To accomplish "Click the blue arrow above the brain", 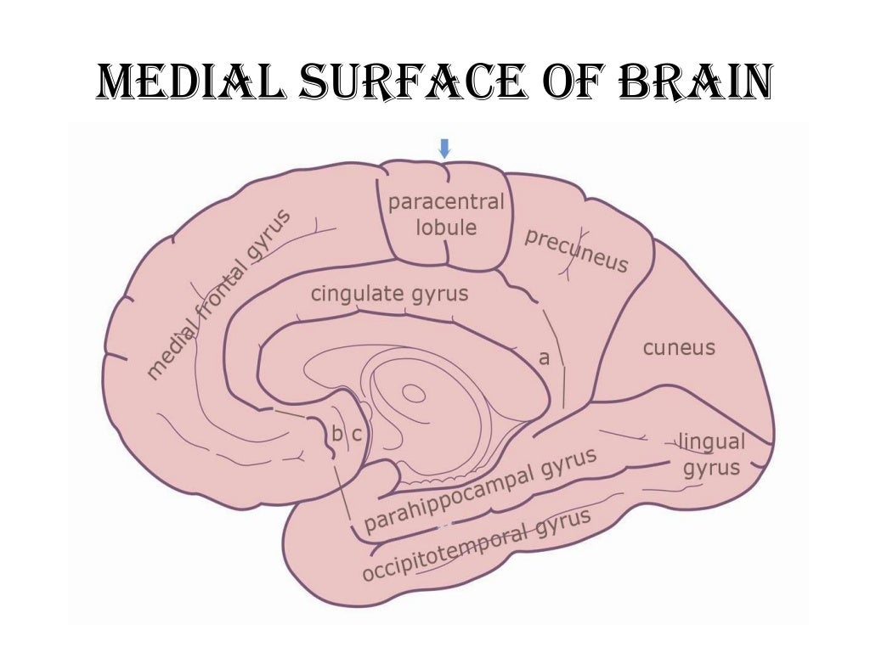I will click(x=443, y=149).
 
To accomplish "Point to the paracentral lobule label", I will click(x=445, y=215).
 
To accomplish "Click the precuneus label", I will click(x=576, y=250).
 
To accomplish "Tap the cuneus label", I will click(x=679, y=347).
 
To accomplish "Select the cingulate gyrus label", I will click(x=389, y=295).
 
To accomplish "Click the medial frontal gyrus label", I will click(x=218, y=293).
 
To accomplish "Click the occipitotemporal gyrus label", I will click(x=476, y=545).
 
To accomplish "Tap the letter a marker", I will click(x=545, y=358).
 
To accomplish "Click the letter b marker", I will click(x=336, y=434).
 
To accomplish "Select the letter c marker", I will click(x=357, y=434).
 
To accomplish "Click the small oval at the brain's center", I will click(x=414, y=393).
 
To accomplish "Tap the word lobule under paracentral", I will click(x=445, y=228).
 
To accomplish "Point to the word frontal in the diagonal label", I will click(x=218, y=293).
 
